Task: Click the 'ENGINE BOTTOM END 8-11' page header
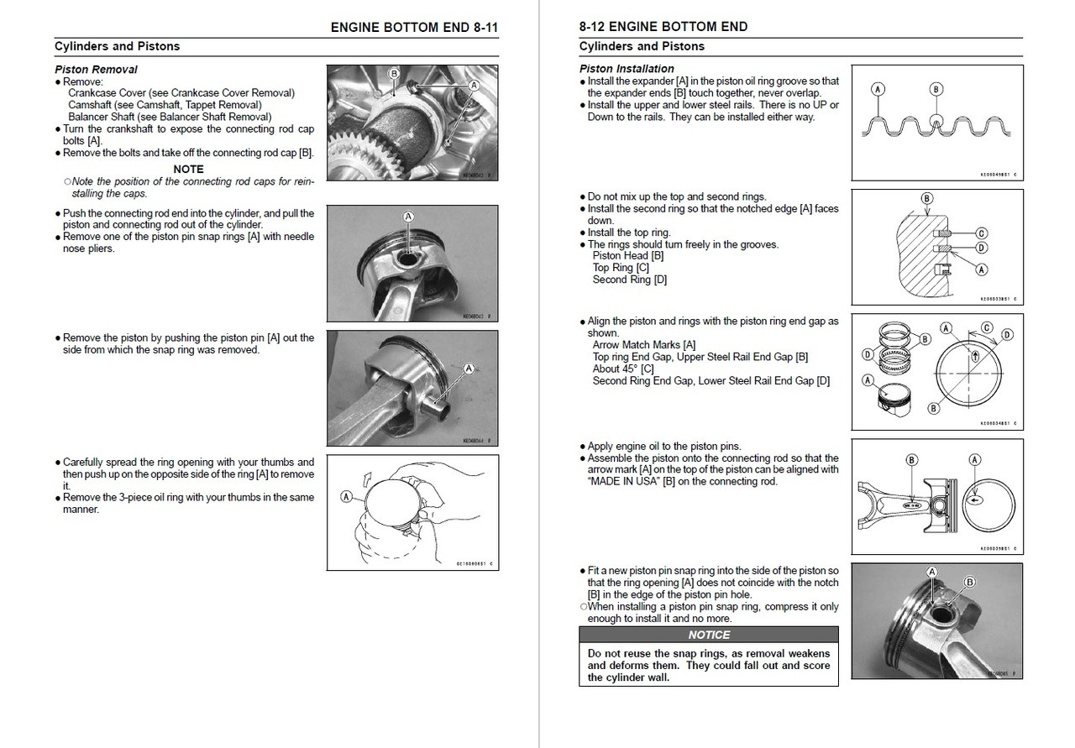pyautogui.click(x=414, y=27)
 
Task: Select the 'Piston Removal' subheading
pyautogui.click(x=96, y=70)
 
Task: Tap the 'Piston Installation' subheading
pyautogui.click(x=627, y=69)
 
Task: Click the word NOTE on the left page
pyautogui.click(x=188, y=169)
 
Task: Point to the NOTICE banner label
pyautogui.click(x=709, y=635)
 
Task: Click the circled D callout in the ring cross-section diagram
pyautogui.click(x=981, y=248)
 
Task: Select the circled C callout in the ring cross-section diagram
pyautogui.click(x=981, y=233)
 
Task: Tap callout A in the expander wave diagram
pyautogui.click(x=878, y=88)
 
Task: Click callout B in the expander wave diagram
pyautogui.click(x=936, y=88)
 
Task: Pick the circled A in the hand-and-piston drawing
pyautogui.click(x=346, y=497)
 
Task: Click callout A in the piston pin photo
pyautogui.click(x=469, y=368)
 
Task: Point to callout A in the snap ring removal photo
pyautogui.click(x=409, y=217)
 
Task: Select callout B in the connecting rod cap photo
pyautogui.click(x=393, y=74)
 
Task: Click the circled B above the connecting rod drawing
pyautogui.click(x=912, y=459)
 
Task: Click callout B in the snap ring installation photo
pyautogui.click(x=969, y=582)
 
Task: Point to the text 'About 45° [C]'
pyautogui.click(x=623, y=369)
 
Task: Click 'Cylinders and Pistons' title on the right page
pyautogui.click(x=642, y=46)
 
